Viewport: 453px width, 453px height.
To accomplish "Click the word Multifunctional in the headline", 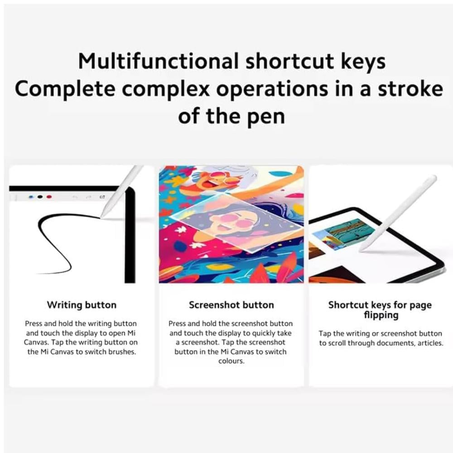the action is pyautogui.click(x=158, y=61).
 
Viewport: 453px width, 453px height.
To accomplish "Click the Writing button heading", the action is pyautogui.click(x=82, y=305).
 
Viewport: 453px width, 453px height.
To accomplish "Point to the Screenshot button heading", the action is pyautogui.click(x=231, y=305).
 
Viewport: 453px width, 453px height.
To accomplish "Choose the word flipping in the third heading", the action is pyautogui.click(x=381, y=315).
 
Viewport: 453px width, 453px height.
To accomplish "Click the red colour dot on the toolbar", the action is pyautogui.click(x=49, y=197).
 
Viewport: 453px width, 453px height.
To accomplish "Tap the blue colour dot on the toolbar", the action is pyautogui.click(x=32, y=197).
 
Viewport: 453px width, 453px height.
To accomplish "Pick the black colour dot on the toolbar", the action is pyautogui.click(x=40, y=197).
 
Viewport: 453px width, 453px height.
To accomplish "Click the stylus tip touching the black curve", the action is pyautogui.click(x=101, y=217).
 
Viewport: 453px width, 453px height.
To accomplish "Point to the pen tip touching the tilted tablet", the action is pyautogui.click(x=361, y=250).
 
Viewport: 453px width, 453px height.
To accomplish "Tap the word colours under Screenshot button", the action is pyautogui.click(x=231, y=361).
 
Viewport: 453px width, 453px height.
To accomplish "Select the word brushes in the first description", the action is pyautogui.click(x=122, y=352).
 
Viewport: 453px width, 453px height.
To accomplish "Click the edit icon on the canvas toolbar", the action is pyautogui.click(x=102, y=197).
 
